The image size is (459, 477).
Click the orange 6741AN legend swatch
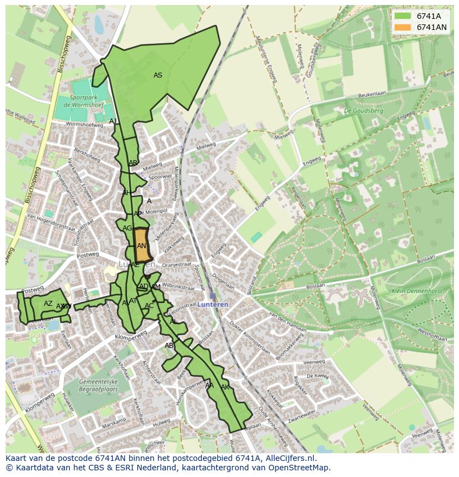402,27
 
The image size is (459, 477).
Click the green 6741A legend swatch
402,16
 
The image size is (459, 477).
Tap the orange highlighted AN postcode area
142,245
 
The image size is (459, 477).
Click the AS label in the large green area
158,75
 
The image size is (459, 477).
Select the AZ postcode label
48,304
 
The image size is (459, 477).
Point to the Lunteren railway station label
212,305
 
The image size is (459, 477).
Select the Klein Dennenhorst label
408,291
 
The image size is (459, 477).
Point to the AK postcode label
225,387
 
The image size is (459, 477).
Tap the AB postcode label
169,346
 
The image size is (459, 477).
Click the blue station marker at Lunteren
212,296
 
